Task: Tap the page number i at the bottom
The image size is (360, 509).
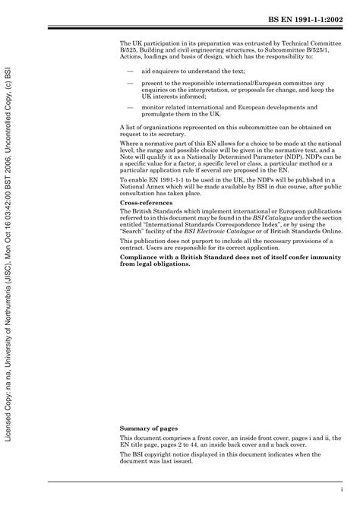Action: click(x=343, y=489)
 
